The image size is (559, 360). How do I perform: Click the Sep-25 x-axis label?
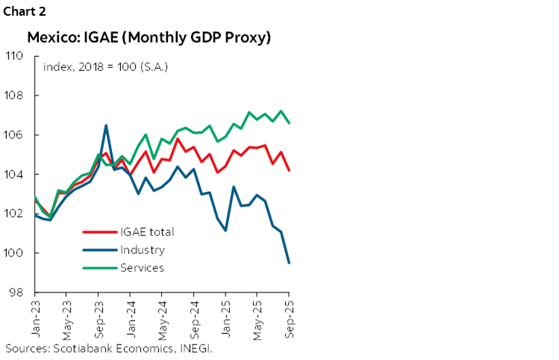tap(288, 314)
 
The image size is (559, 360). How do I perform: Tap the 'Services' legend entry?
tap(143, 267)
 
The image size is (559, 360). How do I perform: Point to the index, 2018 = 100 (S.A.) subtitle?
tap(104, 66)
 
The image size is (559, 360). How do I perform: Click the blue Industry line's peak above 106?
tap(106, 125)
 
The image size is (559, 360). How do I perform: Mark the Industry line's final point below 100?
tap(289, 262)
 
